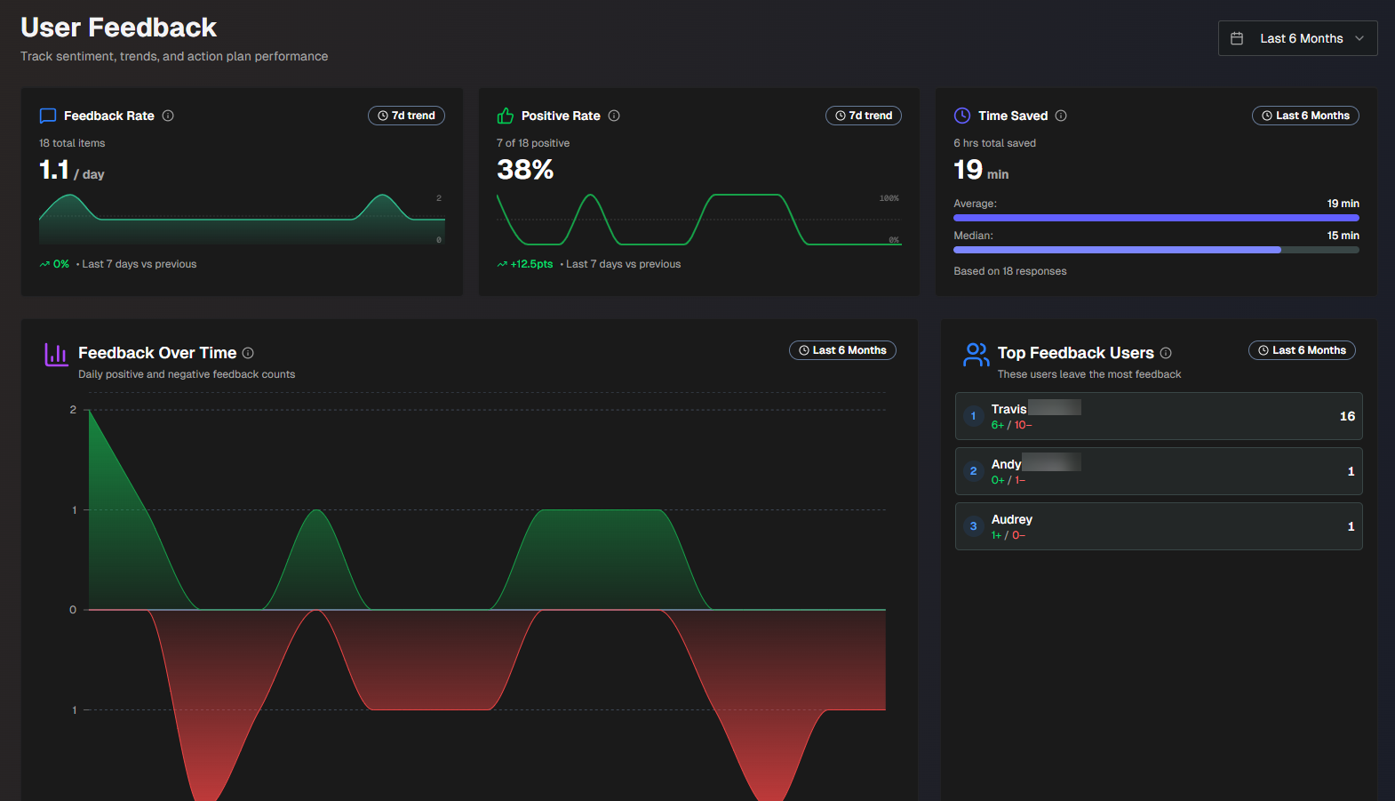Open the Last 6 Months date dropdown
1297,38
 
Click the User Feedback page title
118,28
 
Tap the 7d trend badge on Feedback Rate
406,116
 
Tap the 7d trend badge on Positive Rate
864,116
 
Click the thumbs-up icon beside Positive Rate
506,116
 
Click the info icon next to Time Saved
1061,116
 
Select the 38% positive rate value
525,169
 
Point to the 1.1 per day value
55,169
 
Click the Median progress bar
1155,250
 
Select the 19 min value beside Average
1343,204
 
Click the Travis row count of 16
1347,416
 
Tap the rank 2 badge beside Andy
973,471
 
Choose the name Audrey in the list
1011,519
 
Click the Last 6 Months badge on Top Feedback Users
1302,350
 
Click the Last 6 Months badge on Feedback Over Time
842,350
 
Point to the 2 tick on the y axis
73,410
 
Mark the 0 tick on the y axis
73,610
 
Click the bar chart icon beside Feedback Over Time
56,355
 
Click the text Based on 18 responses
1009,271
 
